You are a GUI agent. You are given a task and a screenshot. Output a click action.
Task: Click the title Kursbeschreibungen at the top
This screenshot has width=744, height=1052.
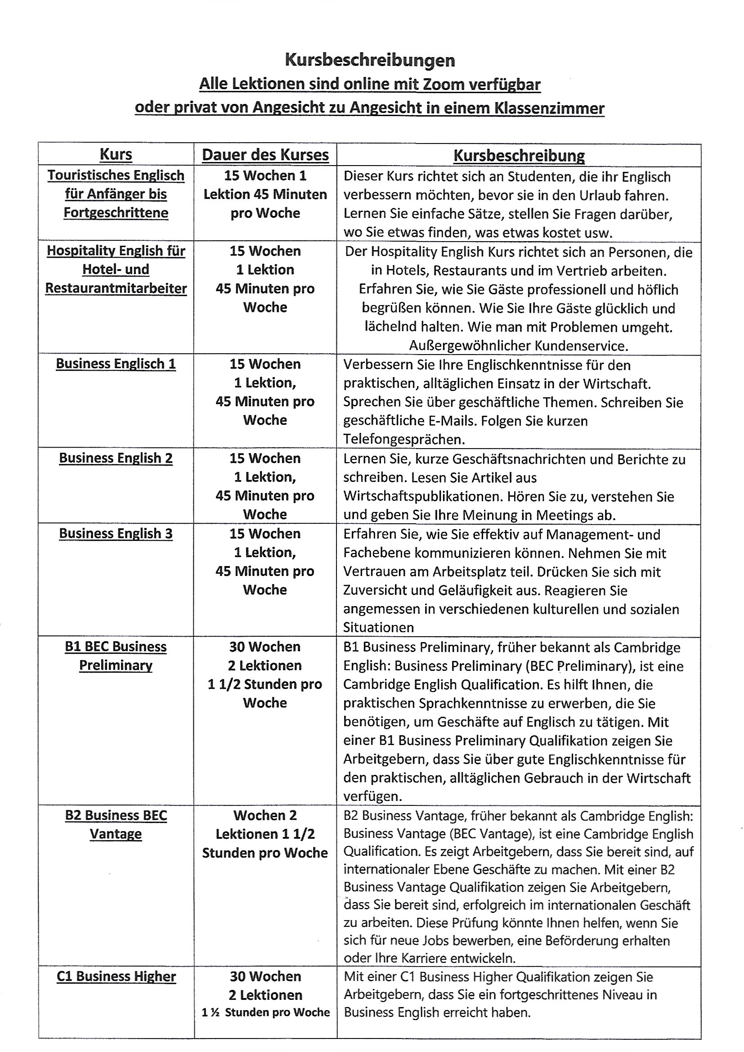coord(370,60)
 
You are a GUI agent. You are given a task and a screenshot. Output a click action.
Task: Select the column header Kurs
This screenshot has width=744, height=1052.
coord(116,154)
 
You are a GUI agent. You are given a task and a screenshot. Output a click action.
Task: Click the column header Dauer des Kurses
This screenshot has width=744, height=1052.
coord(265,155)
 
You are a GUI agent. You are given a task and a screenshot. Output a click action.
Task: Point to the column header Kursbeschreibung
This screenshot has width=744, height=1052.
coord(519,156)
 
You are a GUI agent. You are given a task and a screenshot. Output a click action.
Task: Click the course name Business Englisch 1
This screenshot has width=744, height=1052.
coord(116,364)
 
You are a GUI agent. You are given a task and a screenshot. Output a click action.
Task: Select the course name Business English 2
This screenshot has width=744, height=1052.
coord(116,458)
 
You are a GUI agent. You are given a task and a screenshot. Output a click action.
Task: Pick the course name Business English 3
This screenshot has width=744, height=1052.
coord(116,534)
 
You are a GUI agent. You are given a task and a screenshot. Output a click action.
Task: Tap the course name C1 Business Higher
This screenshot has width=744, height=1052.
coord(116,976)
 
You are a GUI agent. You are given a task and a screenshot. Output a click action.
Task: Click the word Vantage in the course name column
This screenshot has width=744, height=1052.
coord(116,834)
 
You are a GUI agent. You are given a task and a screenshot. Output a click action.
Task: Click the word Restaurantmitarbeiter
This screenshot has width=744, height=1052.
coord(116,289)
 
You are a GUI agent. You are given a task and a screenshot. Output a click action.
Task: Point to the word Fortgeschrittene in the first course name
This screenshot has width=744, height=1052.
coord(116,213)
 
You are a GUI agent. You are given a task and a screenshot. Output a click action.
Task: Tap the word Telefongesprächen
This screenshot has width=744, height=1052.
coord(404,440)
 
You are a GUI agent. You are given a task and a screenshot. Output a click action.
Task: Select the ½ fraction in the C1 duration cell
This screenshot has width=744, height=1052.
coord(214,1012)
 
